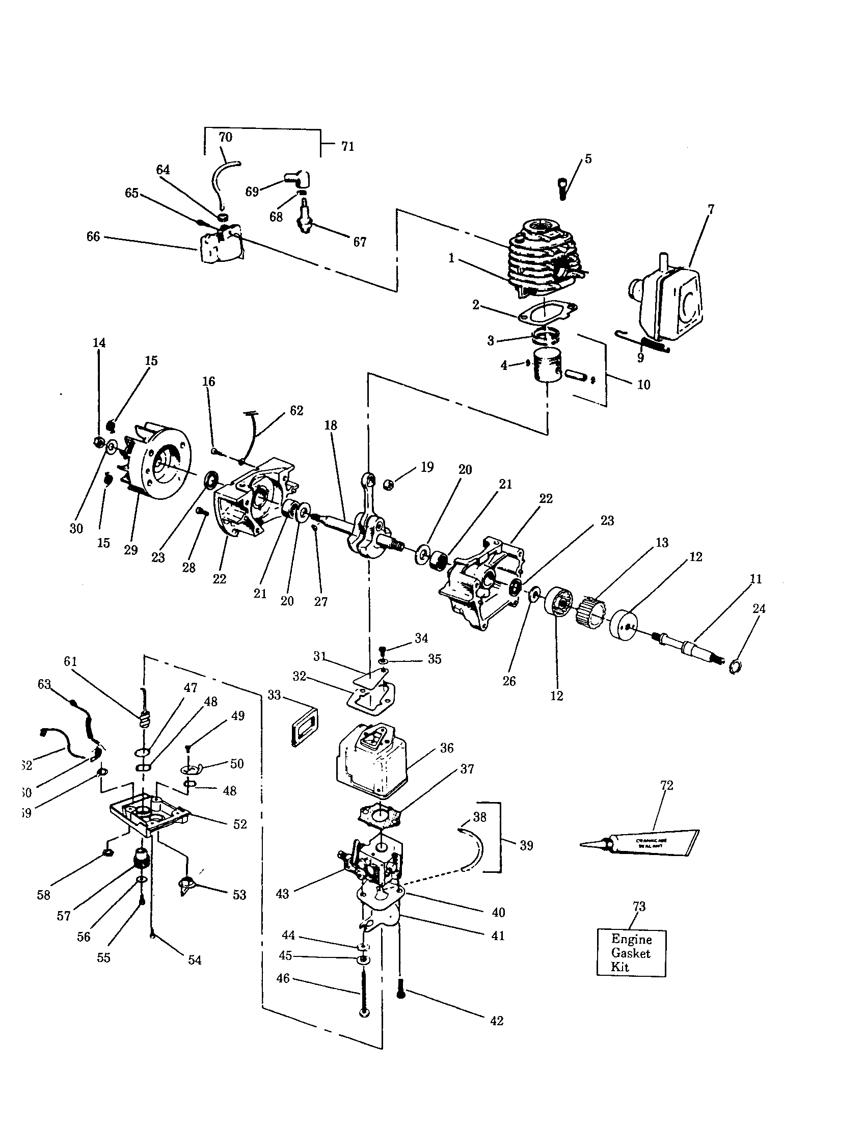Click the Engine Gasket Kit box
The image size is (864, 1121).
pyautogui.click(x=631, y=953)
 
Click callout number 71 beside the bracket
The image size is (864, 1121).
pyautogui.click(x=347, y=147)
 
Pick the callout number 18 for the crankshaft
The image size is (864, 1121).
pyautogui.click(x=331, y=425)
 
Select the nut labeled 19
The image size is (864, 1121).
pyautogui.click(x=388, y=484)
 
